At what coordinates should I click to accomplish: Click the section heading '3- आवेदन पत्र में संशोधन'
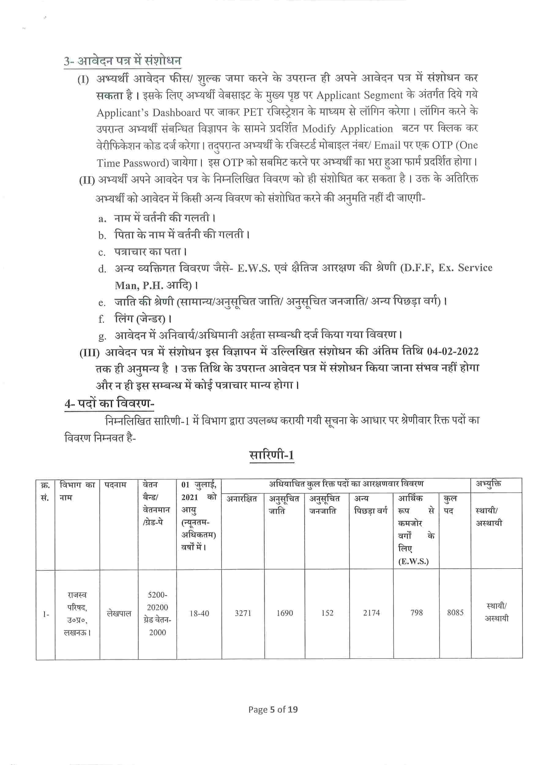click(x=123, y=61)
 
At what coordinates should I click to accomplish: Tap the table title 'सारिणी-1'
click(x=271, y=454)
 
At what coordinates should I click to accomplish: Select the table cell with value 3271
click(x=243, y=613)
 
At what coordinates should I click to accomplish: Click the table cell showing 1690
click(x=285, y=613)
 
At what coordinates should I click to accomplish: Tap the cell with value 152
click(x=327, y=613)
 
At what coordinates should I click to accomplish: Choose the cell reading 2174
click(x=371, y=613)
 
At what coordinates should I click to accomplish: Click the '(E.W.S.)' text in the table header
click(x=413, y=562)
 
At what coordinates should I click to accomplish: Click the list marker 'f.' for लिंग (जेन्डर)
click(x=101, y=319)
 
